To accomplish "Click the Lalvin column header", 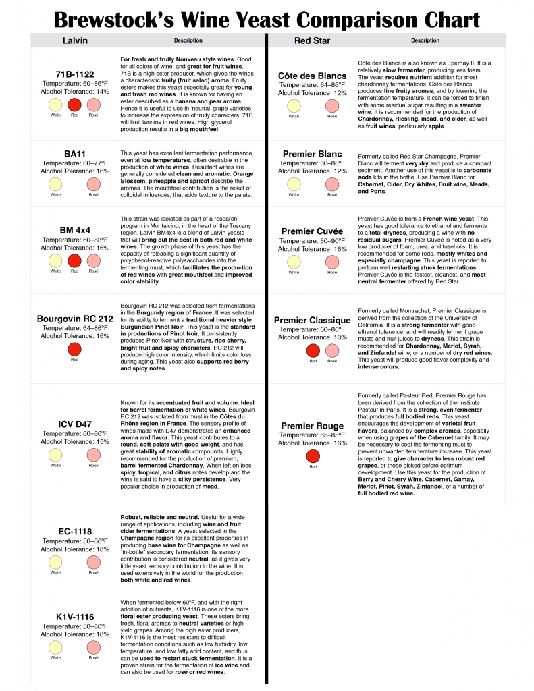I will click(x=74, y=40).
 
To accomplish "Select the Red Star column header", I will click(x=312, y=40).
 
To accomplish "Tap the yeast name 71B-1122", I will click(x=74, y=74).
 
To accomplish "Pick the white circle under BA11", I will click(x=55, y=184).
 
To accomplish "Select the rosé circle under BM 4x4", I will click(x=93, y=260).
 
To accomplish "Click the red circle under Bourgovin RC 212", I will click(x=74, y=349).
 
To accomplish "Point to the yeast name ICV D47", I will click(x=74, y=424).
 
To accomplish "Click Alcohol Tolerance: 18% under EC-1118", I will click(x=74, y=549).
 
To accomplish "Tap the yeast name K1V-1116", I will click(x=74, y=617).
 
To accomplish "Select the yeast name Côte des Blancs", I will click(x=312, y=76).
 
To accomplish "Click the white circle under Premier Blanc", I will click(x=293, y=184).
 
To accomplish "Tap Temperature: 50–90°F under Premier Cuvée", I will click(x=312, y=240).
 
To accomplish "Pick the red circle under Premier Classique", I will click(x=313, y=350).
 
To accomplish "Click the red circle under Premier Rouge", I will click(x=312, y=455).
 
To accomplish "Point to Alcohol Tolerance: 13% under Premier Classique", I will click(x=312, y=337).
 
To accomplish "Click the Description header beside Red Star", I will click(x=425, y=40).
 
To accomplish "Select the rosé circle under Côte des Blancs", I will click(x=331, y=106).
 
